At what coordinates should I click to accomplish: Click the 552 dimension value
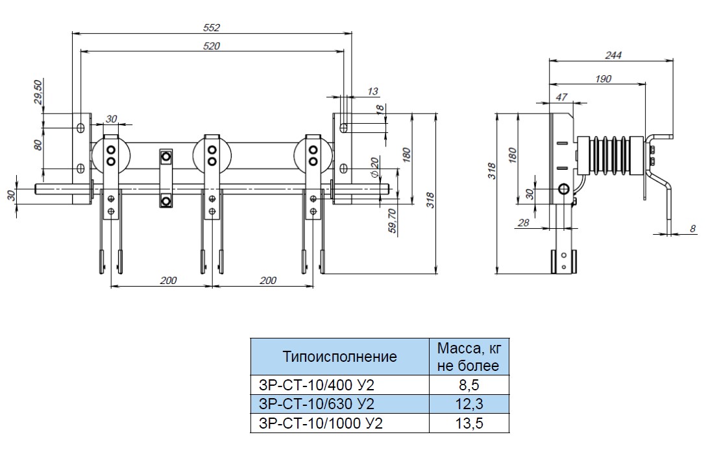(x=212, y=27)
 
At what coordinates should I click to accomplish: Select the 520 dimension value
(x=212, y=45)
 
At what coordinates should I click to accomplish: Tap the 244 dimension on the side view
(x=613, y=55)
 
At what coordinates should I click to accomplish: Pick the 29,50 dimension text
(x=38, y=92)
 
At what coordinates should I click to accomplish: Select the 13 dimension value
(x=372, y=91)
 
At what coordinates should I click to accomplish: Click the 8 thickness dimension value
(x=693, y=228)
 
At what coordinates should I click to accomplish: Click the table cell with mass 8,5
(x=469, y=385)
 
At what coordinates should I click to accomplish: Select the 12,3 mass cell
(x=469, y=405)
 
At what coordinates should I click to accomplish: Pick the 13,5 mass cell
(x=469, y=424)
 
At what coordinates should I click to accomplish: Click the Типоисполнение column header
(x=339, y=356)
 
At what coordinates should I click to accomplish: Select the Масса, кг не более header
(x=469, y=356)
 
